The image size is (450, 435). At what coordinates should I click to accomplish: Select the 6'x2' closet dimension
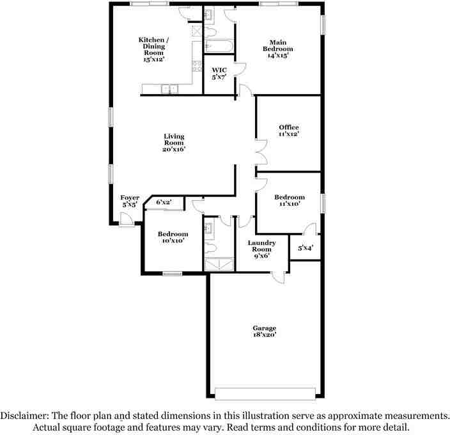tap(164, 202)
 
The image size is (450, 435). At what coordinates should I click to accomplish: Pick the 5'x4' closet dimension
tap(305, 248)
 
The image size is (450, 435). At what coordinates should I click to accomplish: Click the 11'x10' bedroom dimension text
tap(289, 205)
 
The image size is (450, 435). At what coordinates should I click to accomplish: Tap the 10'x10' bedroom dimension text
tap(173, 241)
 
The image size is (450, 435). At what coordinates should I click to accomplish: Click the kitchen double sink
tap(169, 89)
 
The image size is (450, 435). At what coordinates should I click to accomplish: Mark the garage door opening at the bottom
tap(264, 392)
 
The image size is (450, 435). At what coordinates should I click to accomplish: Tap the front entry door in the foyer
tap(127, 221)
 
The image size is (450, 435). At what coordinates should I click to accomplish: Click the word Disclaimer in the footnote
tap(27, 416)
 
